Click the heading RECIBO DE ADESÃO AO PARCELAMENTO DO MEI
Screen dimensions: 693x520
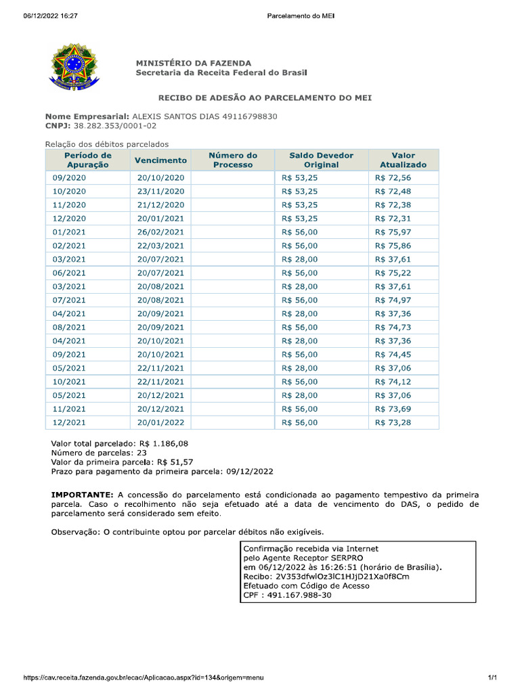tap(265, 98)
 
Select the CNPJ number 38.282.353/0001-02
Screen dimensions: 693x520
tap(114, 126)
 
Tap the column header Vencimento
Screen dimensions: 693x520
tap(160, 160)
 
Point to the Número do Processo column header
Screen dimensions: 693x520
tap(233, 160)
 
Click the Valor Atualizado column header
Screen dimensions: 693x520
tap(403, 160)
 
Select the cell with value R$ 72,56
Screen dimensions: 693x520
tap(393, 178)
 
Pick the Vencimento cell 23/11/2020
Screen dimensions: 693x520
tap(160, 192)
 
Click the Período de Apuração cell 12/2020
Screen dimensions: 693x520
tap(69, 219)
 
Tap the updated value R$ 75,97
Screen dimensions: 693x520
tap(393, 232)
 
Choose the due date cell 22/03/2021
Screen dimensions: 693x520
tap(160, 246)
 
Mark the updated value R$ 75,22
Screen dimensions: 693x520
tap(393, 273)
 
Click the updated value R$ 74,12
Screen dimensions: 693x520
tap(393, 382)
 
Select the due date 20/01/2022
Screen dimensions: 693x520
tap(160, 422)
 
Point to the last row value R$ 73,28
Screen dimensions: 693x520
tap(393, 422)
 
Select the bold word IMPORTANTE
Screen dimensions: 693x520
tap(81, 495)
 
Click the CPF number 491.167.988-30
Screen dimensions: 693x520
tap(298, 596)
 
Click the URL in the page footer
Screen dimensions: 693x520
tap(143, 677)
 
